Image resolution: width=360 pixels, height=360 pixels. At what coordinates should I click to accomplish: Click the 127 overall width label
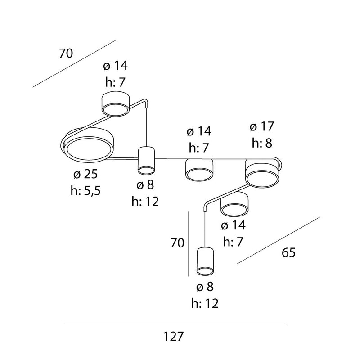click(173, 337)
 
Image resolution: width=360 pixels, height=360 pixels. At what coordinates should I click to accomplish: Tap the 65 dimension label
click(288, 252)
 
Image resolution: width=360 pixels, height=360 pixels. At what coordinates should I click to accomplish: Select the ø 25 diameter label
click(85, 174)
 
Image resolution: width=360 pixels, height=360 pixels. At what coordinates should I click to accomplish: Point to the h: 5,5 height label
click(85, 190)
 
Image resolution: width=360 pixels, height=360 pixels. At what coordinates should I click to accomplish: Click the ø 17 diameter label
click(262, 126)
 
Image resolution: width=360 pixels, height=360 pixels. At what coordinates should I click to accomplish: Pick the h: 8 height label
click(262, 143)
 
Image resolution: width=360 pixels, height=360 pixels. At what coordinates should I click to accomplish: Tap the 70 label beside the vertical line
click(177, 243)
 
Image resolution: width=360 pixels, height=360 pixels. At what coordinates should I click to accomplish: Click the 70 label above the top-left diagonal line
click(66, 53)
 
